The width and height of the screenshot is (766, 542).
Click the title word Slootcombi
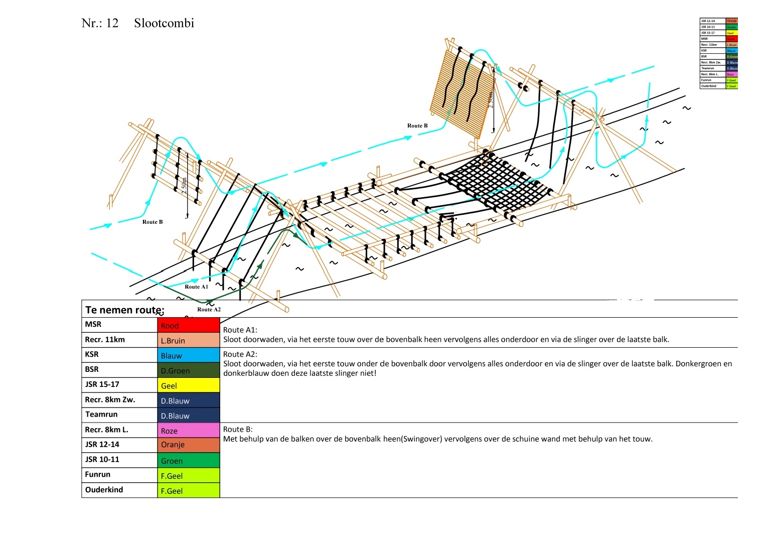[164, 23]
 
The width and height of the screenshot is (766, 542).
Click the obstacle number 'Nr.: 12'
[100, 23]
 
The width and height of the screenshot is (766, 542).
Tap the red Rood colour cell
[188, 325]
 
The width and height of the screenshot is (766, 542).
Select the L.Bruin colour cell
[188, 340]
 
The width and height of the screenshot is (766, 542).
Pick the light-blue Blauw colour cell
[188, 355]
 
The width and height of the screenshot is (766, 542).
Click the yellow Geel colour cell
[188, 385]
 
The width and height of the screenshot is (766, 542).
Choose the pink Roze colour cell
[188, 431]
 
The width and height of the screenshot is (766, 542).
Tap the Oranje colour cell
[188, 445]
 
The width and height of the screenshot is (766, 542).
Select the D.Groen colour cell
[188, 370]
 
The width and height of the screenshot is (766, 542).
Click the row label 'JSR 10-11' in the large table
[102, 459]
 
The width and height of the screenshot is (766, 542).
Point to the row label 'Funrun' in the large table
[97, 474]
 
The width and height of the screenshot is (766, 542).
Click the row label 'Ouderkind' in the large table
[104, 489]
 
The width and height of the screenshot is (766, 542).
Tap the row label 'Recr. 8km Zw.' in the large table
[110, 399]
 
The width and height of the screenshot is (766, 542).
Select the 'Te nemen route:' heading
[124, 310]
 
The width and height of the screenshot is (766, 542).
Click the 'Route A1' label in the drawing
[196, 287]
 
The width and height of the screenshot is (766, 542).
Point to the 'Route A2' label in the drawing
[209, 309]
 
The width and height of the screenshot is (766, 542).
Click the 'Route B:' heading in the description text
[238, 429]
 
